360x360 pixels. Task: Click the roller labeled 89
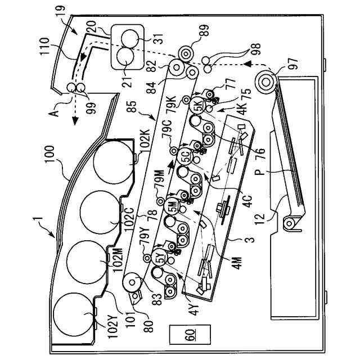tap(185, 52)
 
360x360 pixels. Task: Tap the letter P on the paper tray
tap(278, 173)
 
